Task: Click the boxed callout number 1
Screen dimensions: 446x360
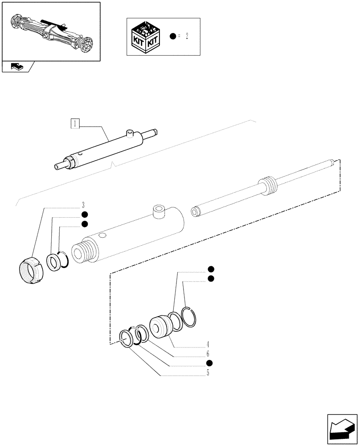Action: pyautogui.click(x=76, y=124)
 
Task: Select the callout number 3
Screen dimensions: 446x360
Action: pyautogui.click(x=83, y=206)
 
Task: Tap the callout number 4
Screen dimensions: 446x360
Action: pyautogui.click(x=208, y=344)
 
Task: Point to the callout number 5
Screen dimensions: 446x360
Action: pyautogui.click(x=208, y=373)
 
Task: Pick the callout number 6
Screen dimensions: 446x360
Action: pyautogui.click(x=208, y=354)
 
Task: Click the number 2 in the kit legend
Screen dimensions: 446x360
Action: pyautogui.click(x=187, y=37)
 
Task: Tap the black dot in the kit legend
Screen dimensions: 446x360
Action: pyautogui.click(x=173, y=37)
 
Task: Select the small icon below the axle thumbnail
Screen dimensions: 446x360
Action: pyautogui.click(x=16, y=66)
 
